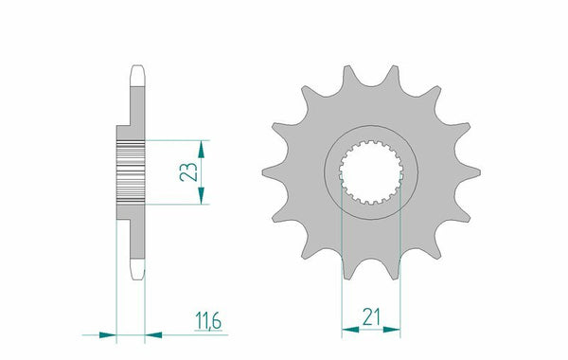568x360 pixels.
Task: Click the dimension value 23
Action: tap(188, 171)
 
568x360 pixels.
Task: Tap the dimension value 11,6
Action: tap(208, 321)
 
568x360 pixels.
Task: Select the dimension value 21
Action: tap(371, 316)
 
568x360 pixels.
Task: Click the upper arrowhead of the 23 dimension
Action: tap(202, 149)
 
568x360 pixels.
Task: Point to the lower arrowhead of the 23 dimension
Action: tap(202, 196)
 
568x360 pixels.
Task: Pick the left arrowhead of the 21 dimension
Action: tap(350, 330)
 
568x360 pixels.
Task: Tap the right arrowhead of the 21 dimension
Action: tap(392, 330)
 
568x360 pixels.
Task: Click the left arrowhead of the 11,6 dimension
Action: tap(108, 335)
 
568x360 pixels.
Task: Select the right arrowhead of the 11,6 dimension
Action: tap(153, 335)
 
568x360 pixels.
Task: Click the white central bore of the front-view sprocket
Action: tap(371, 171)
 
